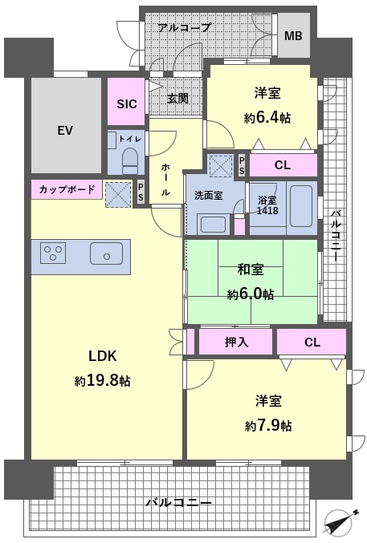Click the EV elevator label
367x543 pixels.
click(x=65, y=131)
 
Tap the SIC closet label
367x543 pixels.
click(x=126, y=103)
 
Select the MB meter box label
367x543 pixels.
click(x=293, y=35)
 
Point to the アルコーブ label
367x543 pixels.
click(x=184, y=27)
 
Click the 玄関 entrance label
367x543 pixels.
click(x=177, y=99)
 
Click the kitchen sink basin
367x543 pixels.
click(x=106, y=253)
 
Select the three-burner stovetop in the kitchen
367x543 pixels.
click(x=53, y=253)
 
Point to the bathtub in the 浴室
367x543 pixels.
click(x=300, y=207)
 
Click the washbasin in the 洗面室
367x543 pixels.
click(x=213, y=224)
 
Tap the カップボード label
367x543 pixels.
click(x=67, y=189)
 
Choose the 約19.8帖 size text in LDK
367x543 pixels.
click(x=102, y=381)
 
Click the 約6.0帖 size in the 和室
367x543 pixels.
click(x=251, y=294)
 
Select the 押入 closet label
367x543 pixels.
click(x=237, y=342)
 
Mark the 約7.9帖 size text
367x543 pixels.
click(x=268, y=425)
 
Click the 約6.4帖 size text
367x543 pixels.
click(x=267, y=118)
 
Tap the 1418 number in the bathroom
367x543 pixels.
click(x=267, y=211)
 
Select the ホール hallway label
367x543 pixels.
click(x=165, y=180)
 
